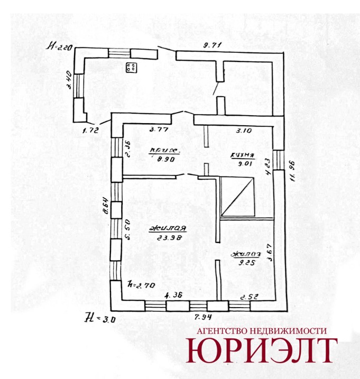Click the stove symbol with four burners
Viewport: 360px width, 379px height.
tap(131, 67)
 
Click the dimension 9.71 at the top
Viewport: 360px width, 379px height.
tap(211, 45)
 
